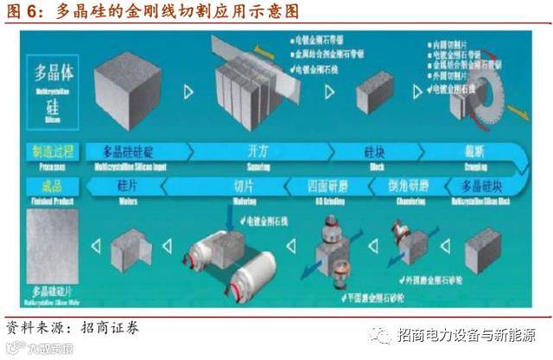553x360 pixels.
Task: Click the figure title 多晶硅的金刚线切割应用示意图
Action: pyautogui.click(x=178, y=13)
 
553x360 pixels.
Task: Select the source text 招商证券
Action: pyautogui.click(x=105, y=328)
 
